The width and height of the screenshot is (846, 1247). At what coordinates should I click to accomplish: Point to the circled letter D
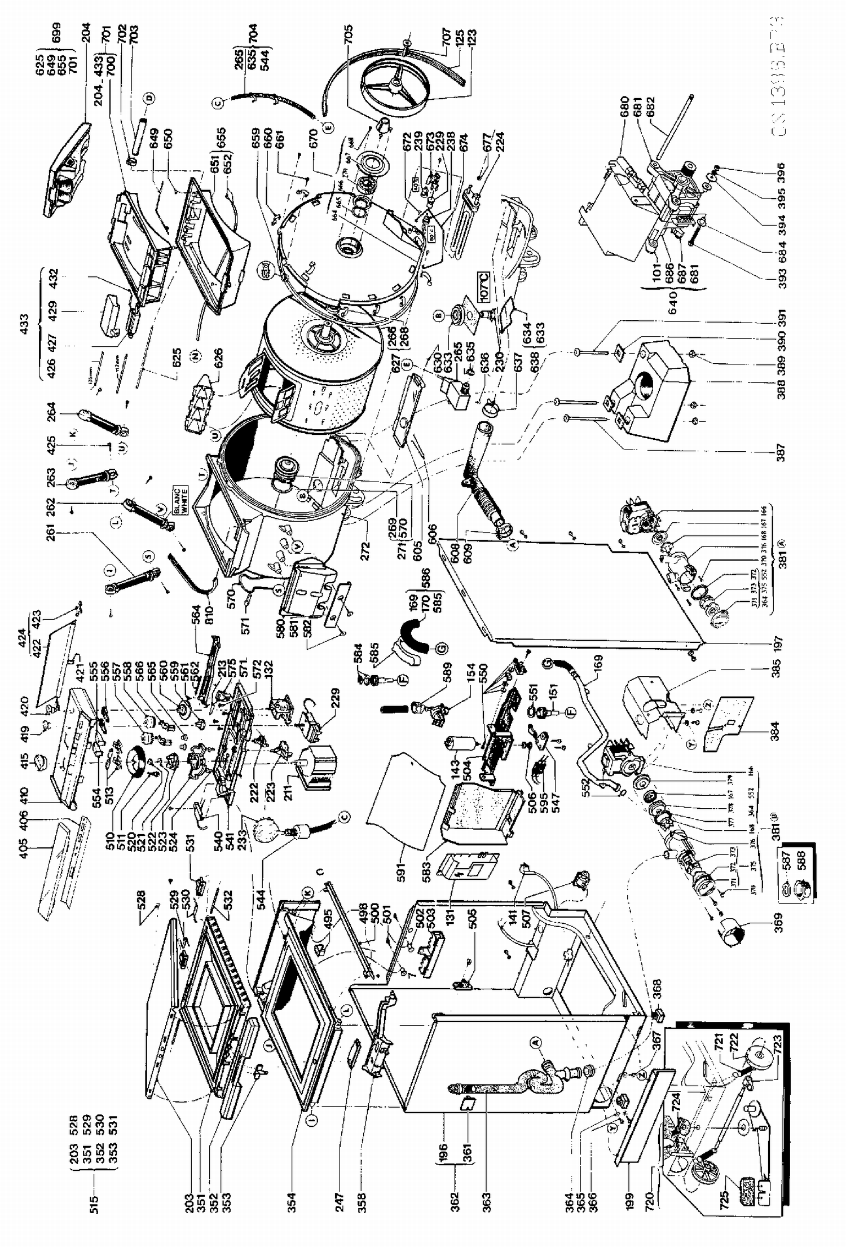149,99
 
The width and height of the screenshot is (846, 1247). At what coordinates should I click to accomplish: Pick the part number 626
219,355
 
